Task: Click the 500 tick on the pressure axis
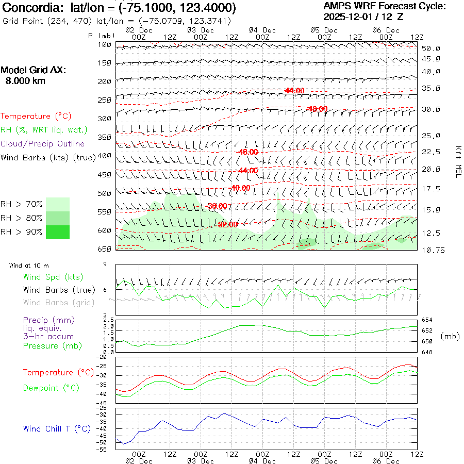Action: pyautogui.click(x=105, y=193)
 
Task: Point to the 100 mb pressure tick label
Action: pyautogui.click(x=105, y=44)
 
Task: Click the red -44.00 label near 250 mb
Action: pyautogui.click(x=294, y=91)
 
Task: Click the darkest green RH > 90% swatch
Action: pyautogui.click(x=58, y=232)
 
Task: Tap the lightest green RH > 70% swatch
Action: pyautogui.click(x=58, y=204)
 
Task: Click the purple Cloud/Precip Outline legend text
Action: pyautogui.click(x=42, y=144)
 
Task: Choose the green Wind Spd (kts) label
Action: pyautogui.click(x=53, y=277)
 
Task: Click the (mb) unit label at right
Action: pyautogui.click(x=450, y=336)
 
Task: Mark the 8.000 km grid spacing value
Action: pyautogui.click(x=25, y=81)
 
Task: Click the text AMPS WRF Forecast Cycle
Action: pyautogui.click(x=384, y=7)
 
